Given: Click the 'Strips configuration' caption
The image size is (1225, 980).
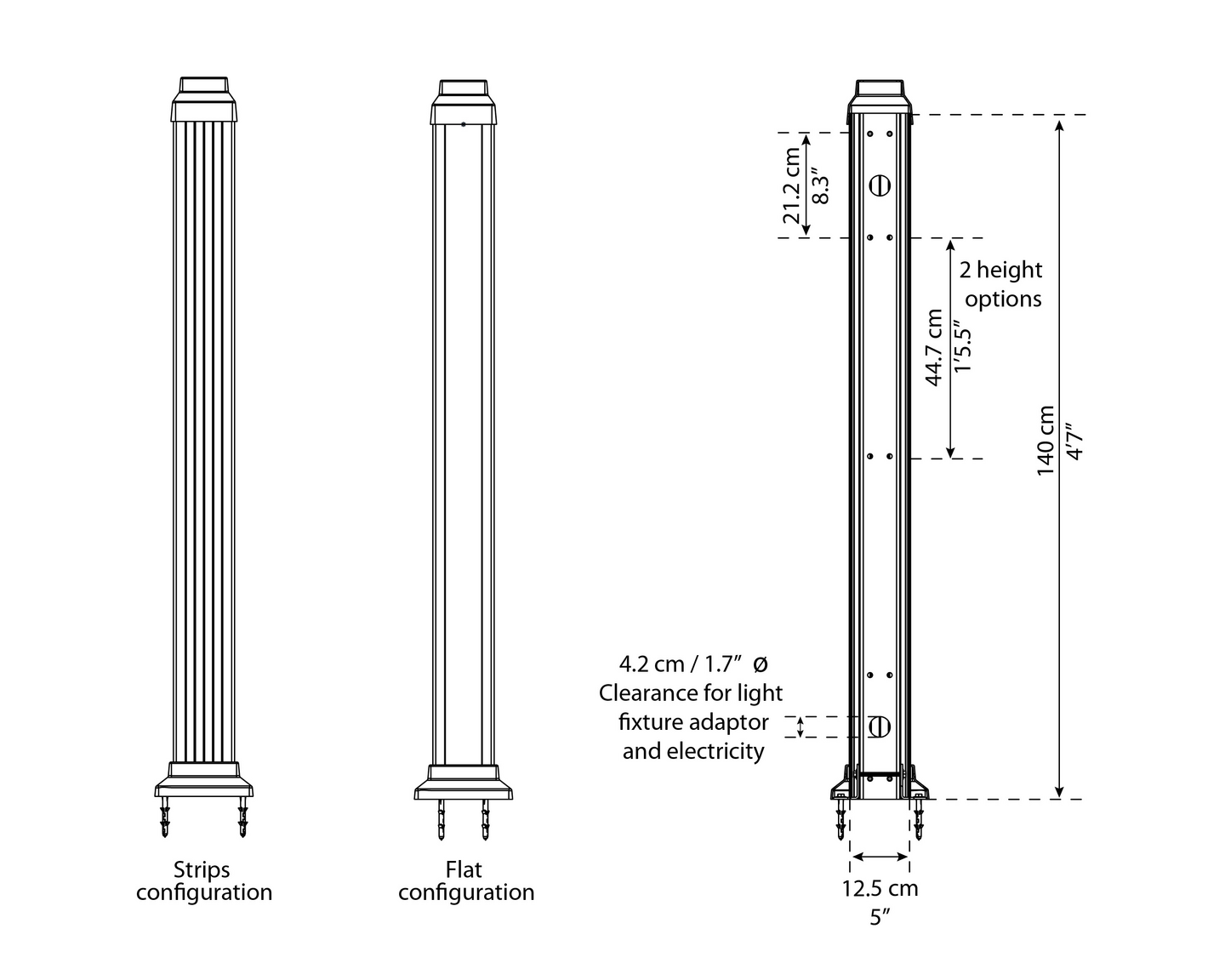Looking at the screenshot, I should pos(204,881).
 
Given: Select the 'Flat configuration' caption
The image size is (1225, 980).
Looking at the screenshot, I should pos(466,881).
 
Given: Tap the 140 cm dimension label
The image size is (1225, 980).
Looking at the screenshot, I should pos(1046,441).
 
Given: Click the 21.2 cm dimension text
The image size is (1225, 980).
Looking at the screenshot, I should pos(792,185).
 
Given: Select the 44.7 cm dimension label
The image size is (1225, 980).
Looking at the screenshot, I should pos(934,347).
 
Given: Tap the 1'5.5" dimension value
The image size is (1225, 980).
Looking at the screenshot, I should pos(962,347).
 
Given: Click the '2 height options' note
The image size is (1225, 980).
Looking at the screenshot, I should pos(1001,284).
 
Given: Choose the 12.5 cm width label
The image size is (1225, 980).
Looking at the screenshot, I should pos(880,889).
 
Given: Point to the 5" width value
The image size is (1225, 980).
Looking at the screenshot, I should pos(880,917).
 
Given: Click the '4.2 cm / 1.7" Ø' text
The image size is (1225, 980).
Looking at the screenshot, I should pos(692,664).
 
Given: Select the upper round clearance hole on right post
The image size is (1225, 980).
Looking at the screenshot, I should pos(880,185).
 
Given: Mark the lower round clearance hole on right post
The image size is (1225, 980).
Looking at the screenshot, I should pos(880,726).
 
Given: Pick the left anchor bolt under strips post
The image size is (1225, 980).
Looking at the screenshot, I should pos(164,818).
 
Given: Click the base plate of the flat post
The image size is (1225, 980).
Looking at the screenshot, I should pos(463,790).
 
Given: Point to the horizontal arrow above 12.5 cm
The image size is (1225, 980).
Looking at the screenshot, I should pos(880,857).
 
